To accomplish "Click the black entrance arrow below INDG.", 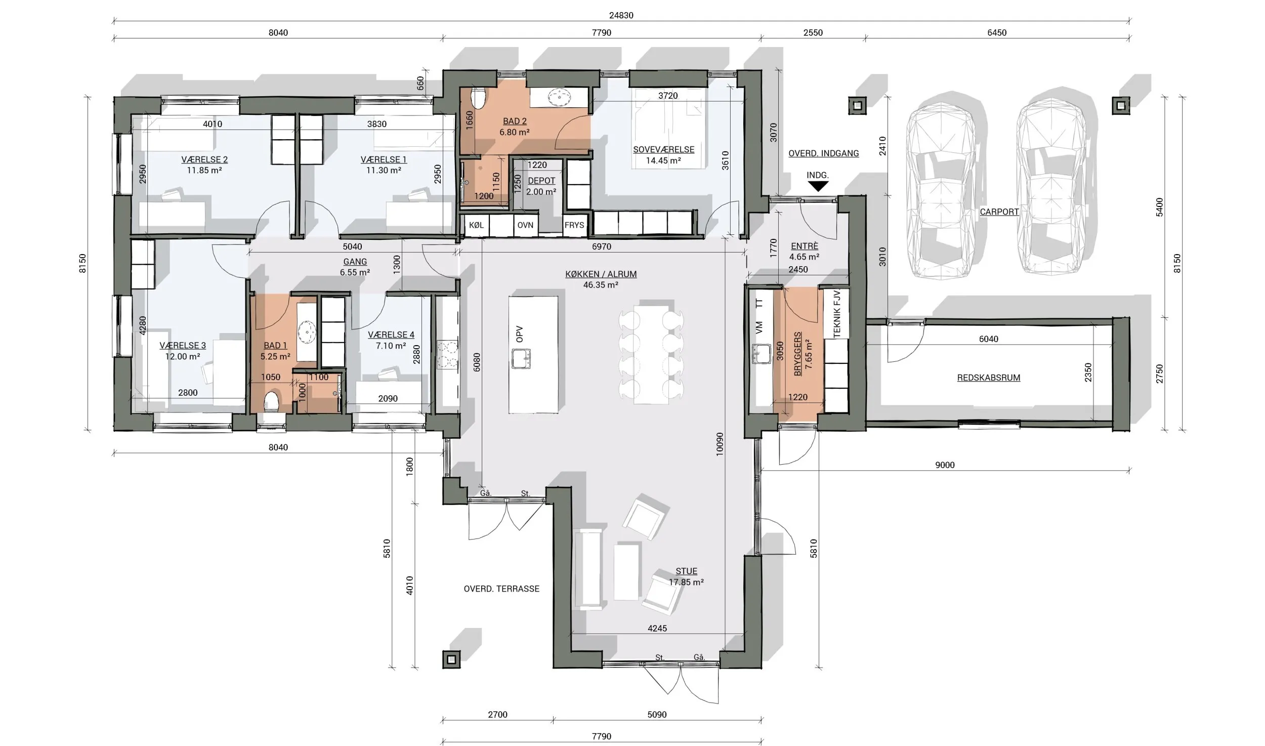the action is point(818,186).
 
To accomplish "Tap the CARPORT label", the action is point(999,212).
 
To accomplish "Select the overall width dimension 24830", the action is point(621,15).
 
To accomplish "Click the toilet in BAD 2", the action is point(478,98).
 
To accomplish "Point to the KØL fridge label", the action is point(476,225).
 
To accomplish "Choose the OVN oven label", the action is point(525,225).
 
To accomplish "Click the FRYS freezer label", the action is point(574,225).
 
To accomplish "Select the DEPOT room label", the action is point(541,181).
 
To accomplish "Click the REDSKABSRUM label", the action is point(988,378).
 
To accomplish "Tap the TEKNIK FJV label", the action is point(836,313).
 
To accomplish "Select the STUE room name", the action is point(686,571).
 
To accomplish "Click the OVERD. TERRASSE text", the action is point(501,589).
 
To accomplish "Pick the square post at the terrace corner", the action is point(451,659).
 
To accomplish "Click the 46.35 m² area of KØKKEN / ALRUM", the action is point(601,285).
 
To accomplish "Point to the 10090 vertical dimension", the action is point(720,444).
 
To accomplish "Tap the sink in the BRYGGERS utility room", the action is point(761,353).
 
